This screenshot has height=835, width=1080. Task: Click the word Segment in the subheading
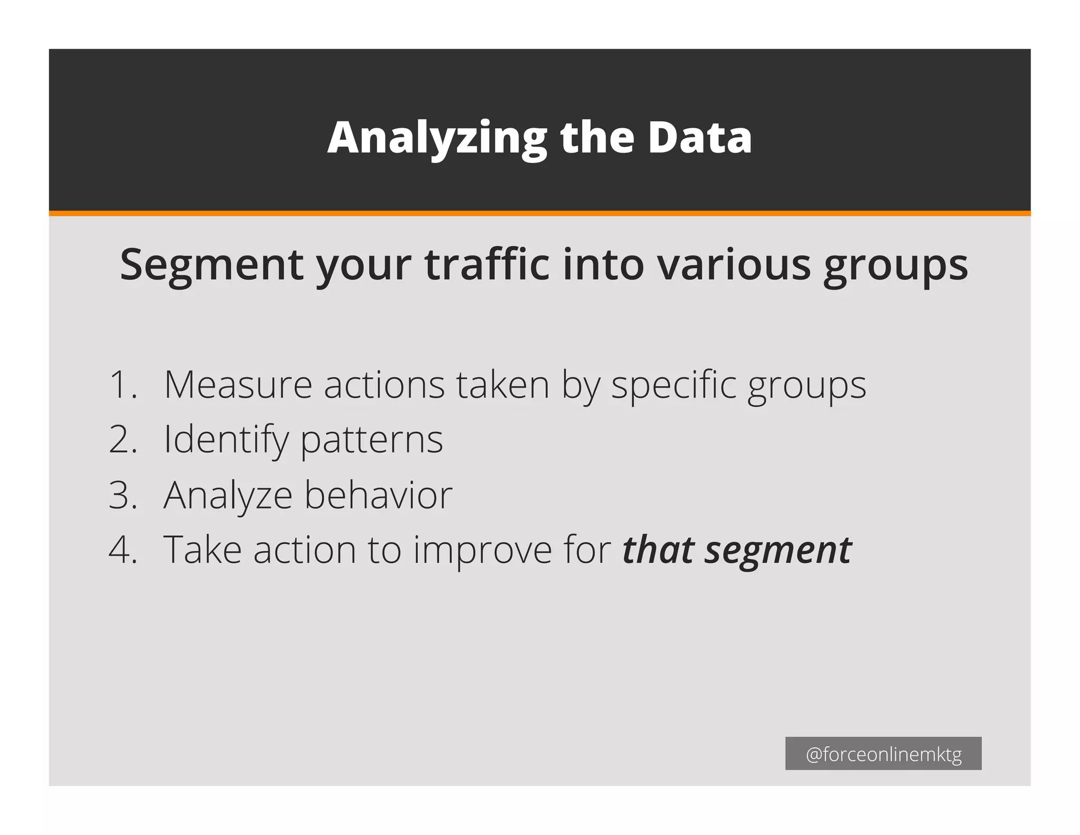(x=211, y=265)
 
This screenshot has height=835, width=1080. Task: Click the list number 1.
(x=122, y=384)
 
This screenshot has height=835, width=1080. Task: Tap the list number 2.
(x=123, y=439)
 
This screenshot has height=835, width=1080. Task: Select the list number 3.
(x=123, y=495)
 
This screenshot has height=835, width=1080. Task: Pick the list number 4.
(x=123, y=550)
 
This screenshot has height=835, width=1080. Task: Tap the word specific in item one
(x=673, y=385)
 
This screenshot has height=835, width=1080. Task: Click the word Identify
(x=226, y=440)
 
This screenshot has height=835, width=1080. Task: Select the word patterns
(x=372, y=440)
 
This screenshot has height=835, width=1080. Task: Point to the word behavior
(x=378, y=495)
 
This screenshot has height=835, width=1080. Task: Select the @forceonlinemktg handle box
(x=883, y=754)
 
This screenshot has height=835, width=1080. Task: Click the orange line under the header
(x=539, y=213)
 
